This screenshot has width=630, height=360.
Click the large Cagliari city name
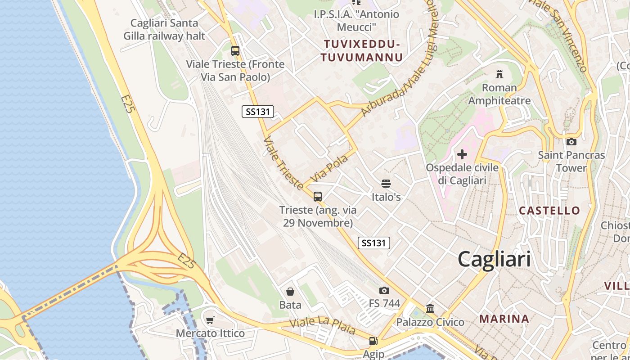coord(494,260)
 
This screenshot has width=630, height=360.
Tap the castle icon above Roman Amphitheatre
coord(499,74)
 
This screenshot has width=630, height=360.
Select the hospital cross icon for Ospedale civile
coord(462,155)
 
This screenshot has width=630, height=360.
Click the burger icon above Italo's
coord(386,184)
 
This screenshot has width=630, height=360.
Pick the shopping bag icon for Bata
coord(290,292)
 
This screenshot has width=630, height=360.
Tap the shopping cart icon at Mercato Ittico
coord(210,320)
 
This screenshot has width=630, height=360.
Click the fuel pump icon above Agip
coord(373,342)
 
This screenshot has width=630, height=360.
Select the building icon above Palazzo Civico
coord(430,309)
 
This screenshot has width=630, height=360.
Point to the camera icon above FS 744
coord(384,290)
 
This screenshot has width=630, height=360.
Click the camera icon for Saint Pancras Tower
coord(571,142)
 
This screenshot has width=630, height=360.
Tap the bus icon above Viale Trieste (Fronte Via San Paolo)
coord(235,51)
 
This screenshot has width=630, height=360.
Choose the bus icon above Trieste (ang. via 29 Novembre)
coord(318,196)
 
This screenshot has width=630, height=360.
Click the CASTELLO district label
coord(549,210)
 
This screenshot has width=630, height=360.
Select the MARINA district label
coord(504,319)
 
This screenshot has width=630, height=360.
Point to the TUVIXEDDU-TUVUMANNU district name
coord(362,51)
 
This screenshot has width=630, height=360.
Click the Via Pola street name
coord(329,168)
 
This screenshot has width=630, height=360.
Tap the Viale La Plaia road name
coord(322,325)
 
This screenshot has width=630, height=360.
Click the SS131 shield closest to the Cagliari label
coord(373,243)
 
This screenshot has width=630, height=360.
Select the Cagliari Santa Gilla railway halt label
coord(164,29)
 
